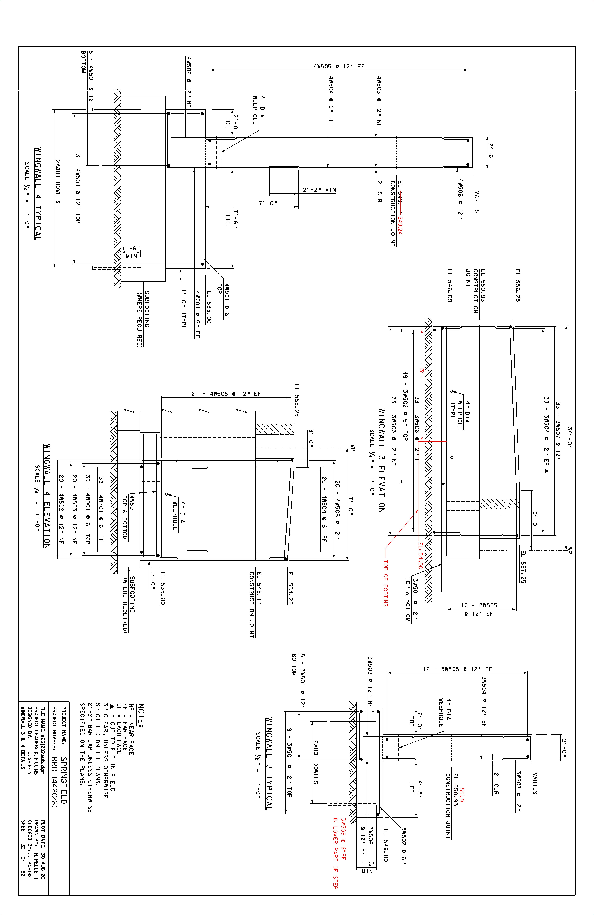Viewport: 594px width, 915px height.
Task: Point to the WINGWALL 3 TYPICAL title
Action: [x=269, y=763]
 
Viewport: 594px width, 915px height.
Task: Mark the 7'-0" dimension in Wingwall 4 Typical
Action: [x=268, y=203]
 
